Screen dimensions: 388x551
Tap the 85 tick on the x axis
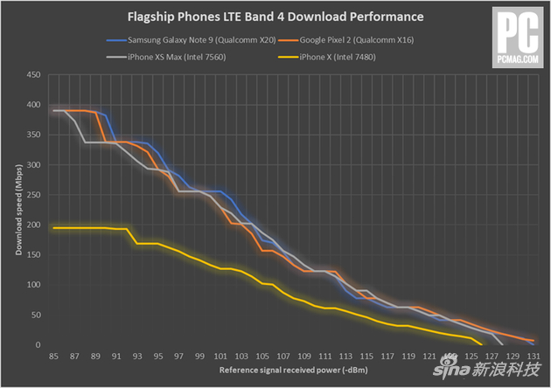click(x=54, y=357)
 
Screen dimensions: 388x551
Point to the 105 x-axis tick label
click(x=262, y=357)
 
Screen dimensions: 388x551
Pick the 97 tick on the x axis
click(x=179, y=357)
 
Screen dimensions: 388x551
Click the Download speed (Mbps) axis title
click(x=17, y=210)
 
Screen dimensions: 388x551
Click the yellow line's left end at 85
click(x=54, y=228)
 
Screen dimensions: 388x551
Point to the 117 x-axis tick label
click(x=386, y=357)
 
